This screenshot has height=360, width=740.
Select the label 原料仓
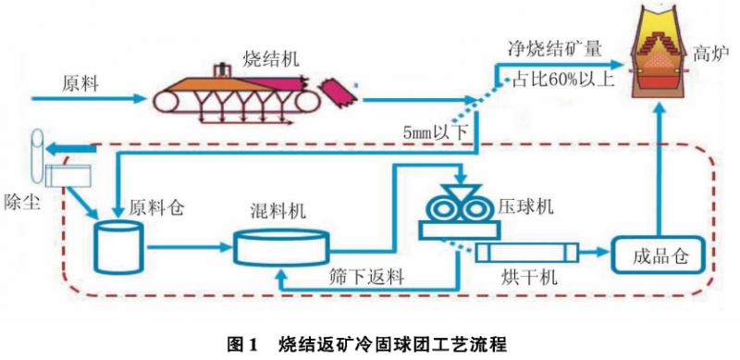click(157, 206)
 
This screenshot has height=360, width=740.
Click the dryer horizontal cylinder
click(526, 252)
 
